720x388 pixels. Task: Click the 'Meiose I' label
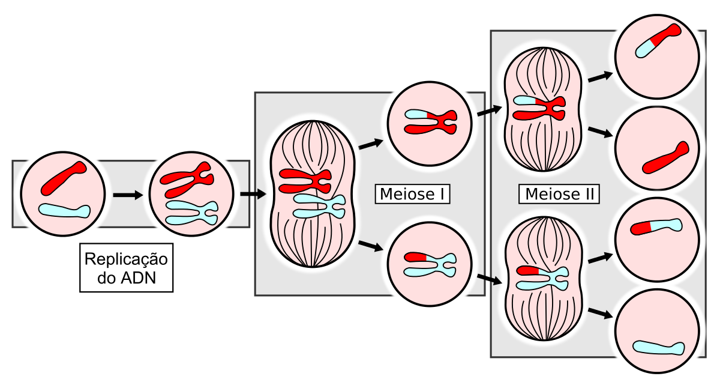pyautogui.click(x=412, y=194)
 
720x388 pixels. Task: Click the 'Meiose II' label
pyautogui.click(x=560, y=194)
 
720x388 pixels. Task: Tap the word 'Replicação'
pyautogui.click(x=127, y=260)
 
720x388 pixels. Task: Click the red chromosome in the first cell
pyautogui.click(x=63, y=178)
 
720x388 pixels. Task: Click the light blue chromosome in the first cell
pyautogui.click(x=65, y=211)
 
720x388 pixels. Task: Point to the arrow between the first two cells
pyautogui.click(x=128, y=195)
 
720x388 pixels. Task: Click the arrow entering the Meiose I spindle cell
pyautogui.click(x=252, y=194)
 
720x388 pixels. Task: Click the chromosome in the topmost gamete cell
pyautogui.click(x=658, y=40)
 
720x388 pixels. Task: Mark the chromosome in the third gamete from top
pyautogui.click(x=656, y=226)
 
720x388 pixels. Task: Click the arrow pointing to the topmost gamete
pyautogui.click(x=601, y=76)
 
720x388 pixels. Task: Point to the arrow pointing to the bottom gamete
pyautogui.click(x=601, y=314)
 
